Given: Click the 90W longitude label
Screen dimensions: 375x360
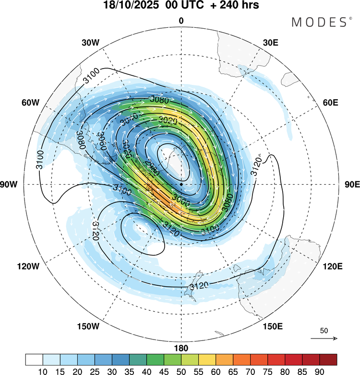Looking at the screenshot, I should [x=11, y=185].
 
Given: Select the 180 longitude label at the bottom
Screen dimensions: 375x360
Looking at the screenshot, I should [x=181, y=348].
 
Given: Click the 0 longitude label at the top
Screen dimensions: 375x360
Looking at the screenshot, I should [x=181, y=21].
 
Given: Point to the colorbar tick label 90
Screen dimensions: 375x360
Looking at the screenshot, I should [x=319, y=370].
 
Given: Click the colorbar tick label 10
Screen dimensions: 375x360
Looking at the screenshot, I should [x=43, y=370].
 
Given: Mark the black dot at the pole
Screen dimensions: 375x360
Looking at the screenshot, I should [x=181, y=184].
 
